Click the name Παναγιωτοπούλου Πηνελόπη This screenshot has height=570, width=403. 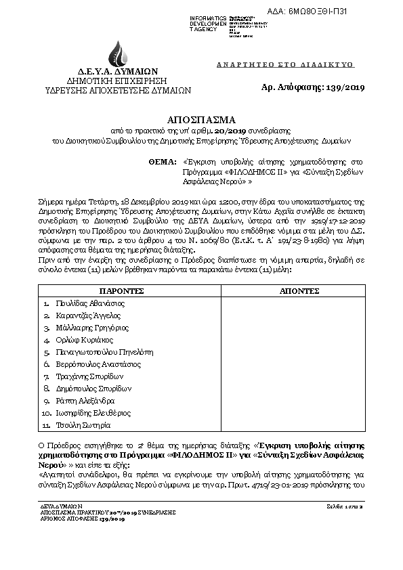pos(103,352)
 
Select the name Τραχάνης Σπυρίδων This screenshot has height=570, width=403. pos(89,376)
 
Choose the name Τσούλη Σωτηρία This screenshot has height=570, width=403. pos(81,425)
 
